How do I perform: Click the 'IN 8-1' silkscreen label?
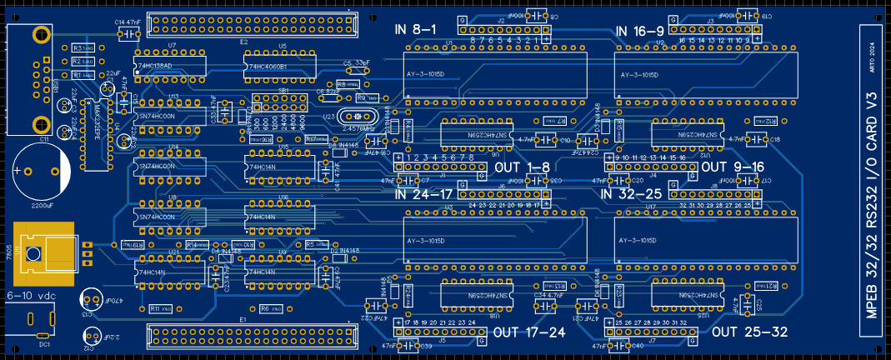(x=416, y=30)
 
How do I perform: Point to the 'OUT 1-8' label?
(x=528, y=167)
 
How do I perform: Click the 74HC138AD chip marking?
(x=155, y=65)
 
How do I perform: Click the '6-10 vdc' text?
(x=32, y=295)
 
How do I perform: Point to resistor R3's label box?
(x=82, y=47)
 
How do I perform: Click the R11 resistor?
(x=158, y=308)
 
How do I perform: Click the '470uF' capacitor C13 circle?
(x=92, y=299)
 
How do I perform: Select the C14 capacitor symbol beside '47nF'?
(x=129, y=34)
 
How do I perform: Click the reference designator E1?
(x=243, y=319)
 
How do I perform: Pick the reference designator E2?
(x=243, y=41)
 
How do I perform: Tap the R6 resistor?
(x=269, y=308)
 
